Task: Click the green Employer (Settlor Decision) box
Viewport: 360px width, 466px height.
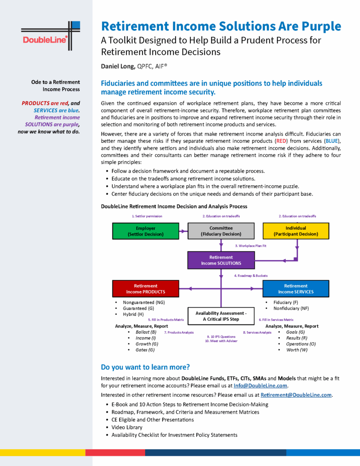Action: pos(145,231)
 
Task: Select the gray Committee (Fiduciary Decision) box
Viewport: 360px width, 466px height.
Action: pos(221,231)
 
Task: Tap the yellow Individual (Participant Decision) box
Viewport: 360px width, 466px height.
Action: pos(296,231)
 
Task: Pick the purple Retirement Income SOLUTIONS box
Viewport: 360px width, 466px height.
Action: pos(221,260)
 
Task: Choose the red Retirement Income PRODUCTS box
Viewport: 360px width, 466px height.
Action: pos(145,289)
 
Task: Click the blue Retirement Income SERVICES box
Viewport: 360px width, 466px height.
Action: pos(296,289)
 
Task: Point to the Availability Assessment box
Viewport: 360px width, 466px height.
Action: pos(221,316)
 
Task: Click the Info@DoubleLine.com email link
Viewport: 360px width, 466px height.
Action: pos(261,386)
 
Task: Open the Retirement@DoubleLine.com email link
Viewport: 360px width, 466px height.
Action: pos(296,395)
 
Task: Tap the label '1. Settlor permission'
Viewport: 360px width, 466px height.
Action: pos(147,216)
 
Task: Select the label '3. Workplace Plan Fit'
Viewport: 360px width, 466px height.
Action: pos(250,246)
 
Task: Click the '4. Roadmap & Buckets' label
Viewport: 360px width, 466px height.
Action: pos(251,275)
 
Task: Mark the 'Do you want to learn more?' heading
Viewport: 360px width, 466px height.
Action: pos(145,367)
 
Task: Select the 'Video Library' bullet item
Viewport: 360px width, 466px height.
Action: pos(127,427)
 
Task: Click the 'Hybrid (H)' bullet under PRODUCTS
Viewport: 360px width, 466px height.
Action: pos(133,314)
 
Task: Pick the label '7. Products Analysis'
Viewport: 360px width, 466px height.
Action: pos(179,333)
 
